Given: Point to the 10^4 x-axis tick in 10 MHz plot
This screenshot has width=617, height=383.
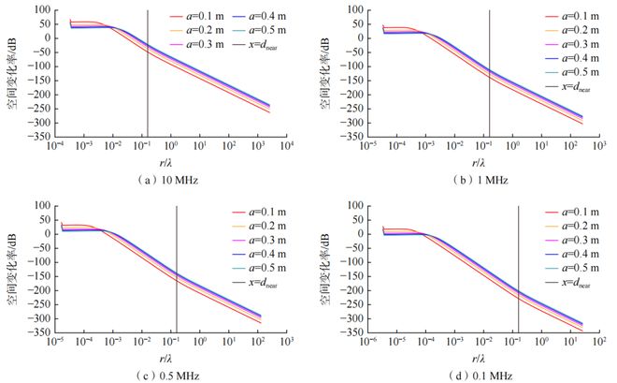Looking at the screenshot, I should pos(287,148).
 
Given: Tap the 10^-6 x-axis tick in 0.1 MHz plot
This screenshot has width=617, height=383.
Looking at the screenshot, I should pos(370,344).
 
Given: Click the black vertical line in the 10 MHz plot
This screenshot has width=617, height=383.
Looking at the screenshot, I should pos(147,75).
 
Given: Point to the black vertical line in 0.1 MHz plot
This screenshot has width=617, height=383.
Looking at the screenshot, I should pos(518,272).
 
